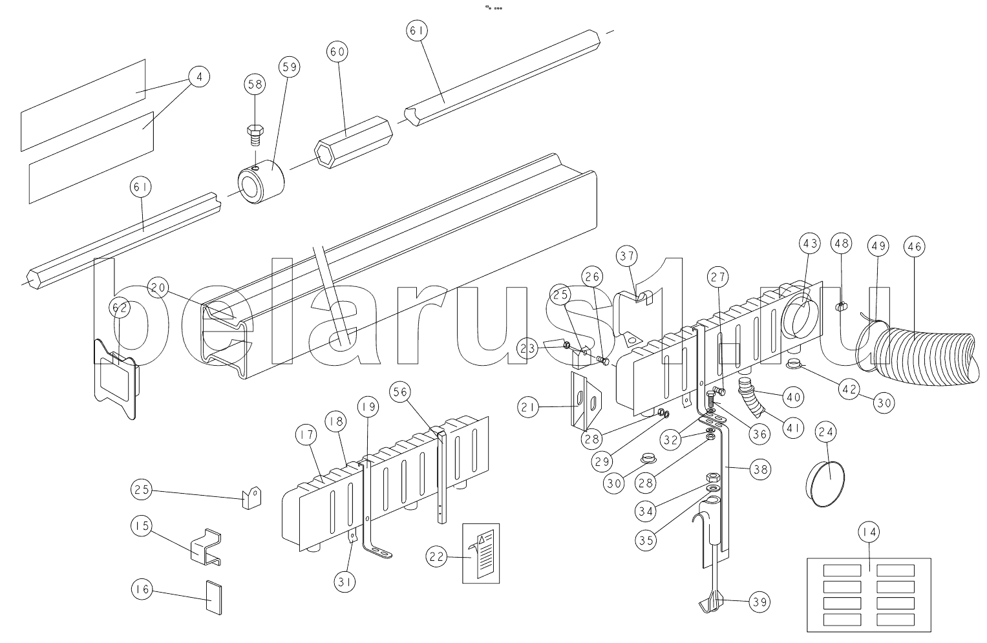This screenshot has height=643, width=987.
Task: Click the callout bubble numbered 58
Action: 255,85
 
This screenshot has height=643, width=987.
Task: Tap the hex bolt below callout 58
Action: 255,136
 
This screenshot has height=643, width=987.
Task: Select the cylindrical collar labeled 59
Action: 261,182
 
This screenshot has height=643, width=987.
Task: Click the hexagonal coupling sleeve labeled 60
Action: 354,142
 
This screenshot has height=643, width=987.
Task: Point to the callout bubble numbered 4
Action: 199,77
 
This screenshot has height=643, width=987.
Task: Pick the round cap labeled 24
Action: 825,484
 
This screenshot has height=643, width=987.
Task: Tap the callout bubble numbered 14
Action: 869,532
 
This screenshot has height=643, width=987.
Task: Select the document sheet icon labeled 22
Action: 481,553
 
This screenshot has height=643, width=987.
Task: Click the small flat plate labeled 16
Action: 214,597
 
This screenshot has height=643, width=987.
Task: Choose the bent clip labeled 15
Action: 206,547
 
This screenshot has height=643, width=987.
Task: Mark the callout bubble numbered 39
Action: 759,602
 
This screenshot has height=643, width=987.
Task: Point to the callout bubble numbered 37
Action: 627,256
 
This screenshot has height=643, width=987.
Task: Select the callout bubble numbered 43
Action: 810,243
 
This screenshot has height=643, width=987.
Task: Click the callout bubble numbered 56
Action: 400,392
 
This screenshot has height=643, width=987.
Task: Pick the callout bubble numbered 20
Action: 158,288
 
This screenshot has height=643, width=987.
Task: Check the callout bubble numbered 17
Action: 306,435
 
